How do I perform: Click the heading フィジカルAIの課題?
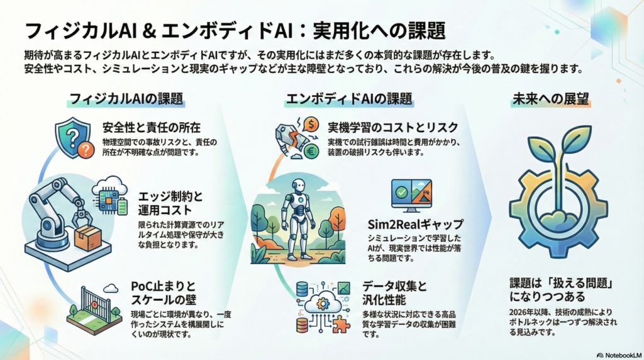126,99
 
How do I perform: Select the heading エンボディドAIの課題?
348,99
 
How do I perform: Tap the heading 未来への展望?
550,99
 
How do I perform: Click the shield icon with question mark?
73,138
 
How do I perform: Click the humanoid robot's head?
299,187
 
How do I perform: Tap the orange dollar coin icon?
312,123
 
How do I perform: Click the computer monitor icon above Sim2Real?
411,196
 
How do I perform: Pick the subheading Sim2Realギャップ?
415,224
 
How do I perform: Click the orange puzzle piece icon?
340,324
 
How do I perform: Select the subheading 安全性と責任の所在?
152,127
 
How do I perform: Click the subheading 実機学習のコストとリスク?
392,127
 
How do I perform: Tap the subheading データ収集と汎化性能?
395,293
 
